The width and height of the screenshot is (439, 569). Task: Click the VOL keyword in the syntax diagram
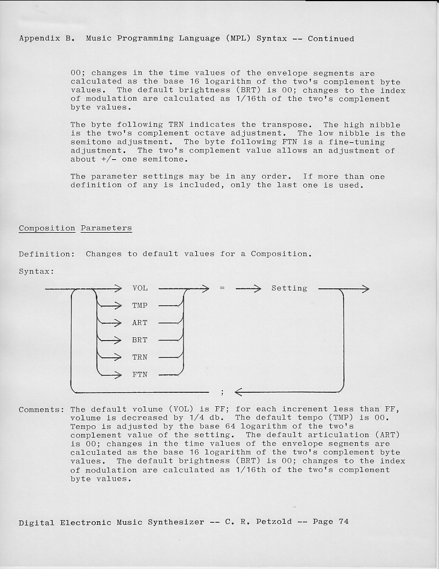click(x=140, y=288)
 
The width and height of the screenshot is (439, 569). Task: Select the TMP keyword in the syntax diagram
click(x=140, y=306)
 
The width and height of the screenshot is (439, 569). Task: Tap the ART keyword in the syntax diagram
click(x=140, y=323)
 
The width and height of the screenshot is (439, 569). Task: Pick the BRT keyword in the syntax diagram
click(x=140, y=340)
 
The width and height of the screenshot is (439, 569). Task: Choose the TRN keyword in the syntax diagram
click(x=140, y=357)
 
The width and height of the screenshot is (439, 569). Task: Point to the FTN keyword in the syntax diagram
click(x=140, y=374)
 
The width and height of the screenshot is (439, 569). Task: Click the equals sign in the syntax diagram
click(x=222, y=288)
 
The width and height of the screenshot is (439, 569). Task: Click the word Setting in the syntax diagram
click(x=289, y=288)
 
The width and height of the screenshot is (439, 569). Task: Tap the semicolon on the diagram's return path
click(x=222, y=392)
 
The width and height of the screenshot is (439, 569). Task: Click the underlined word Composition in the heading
click(x=47, y=228)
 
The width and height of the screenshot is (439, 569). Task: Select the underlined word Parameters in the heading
click(x=106, y=228)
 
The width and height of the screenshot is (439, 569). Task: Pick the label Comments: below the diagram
click(x=41, y=410)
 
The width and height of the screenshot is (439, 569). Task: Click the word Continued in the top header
click(x=331, y=39)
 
